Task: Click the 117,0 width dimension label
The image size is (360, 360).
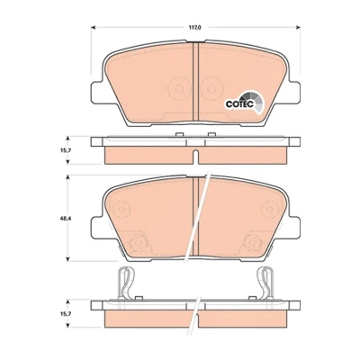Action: pyautogui.click(x=194, y=28)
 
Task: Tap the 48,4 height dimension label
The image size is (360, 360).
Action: pyautogui.click(x=63, y=218)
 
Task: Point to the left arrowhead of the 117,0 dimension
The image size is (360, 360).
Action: pyautogui.click(x=93, y=28)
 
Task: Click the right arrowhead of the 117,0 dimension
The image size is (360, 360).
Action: pyautogui.click(x=298, y=28)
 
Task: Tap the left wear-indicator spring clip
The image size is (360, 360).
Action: pyautogui.click(x=126, y=283)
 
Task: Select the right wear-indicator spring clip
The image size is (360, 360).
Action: pyautogui.click(x=265, y=283)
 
